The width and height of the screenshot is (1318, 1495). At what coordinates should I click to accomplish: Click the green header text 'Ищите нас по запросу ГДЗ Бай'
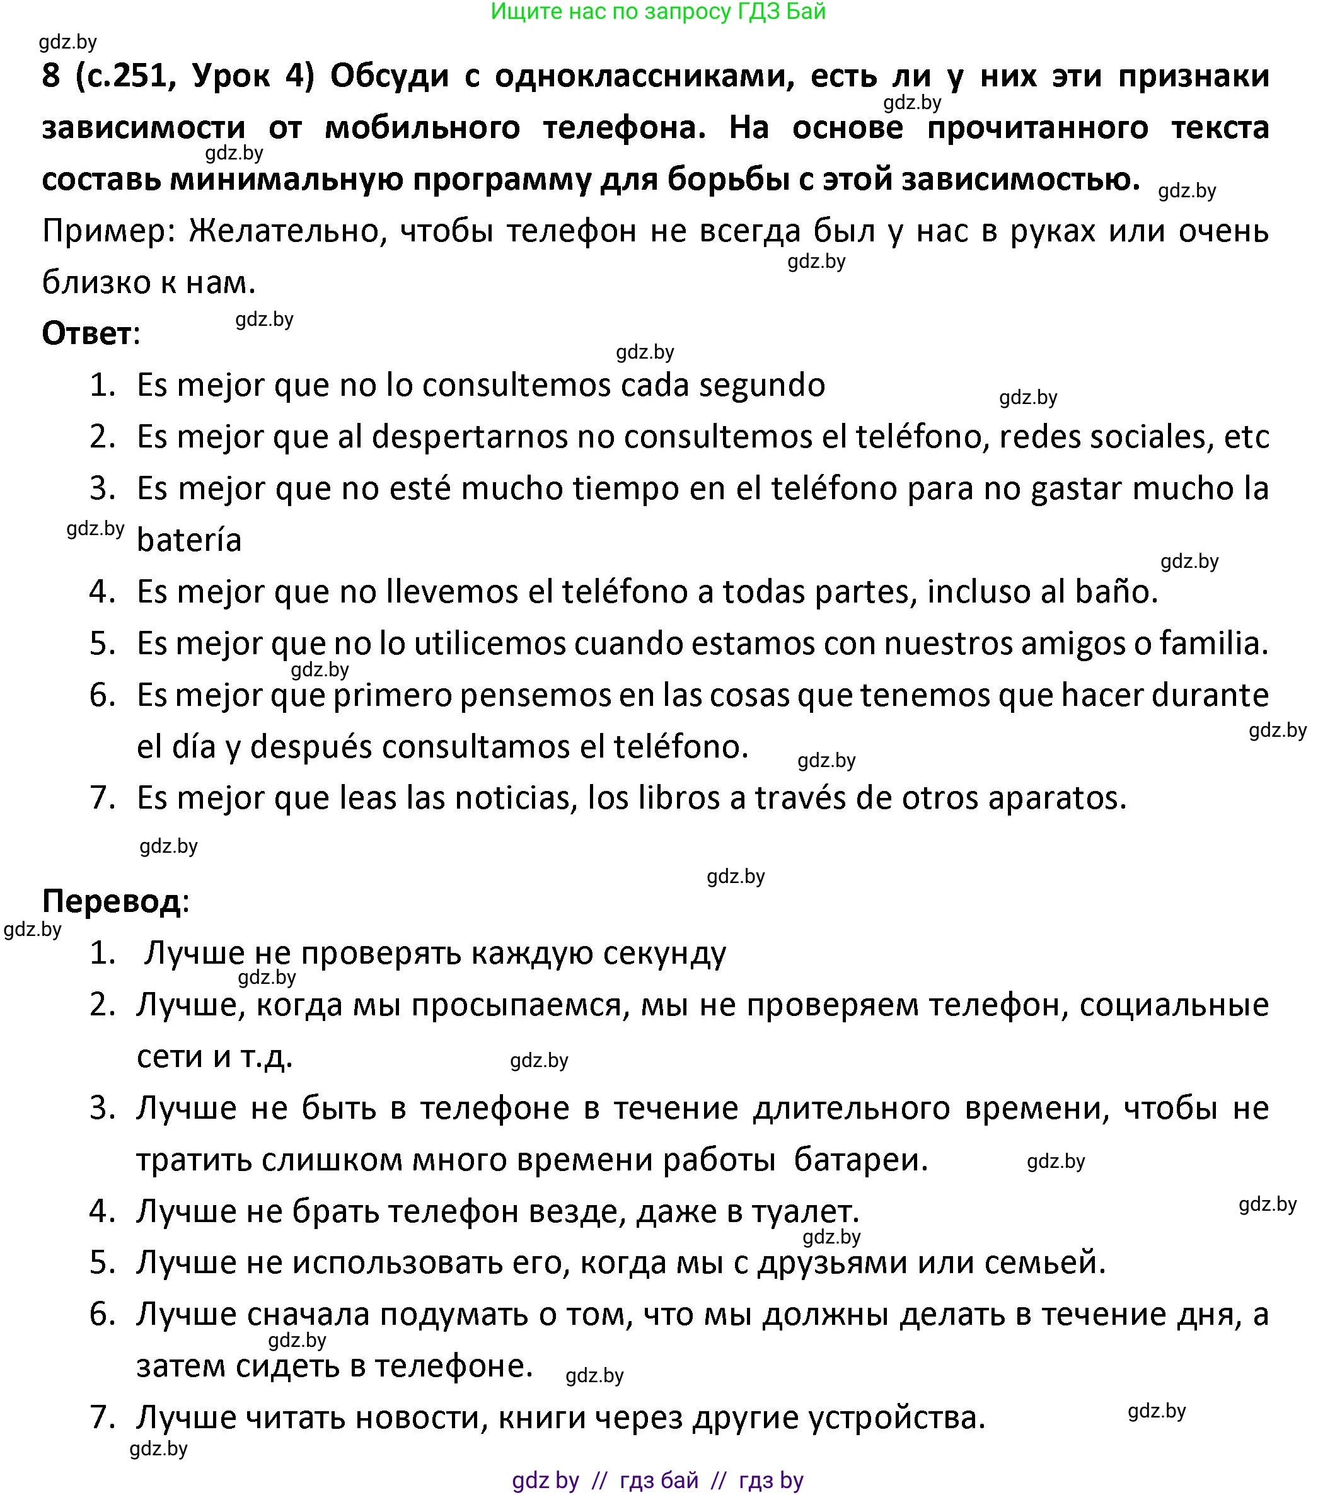coord(658,12)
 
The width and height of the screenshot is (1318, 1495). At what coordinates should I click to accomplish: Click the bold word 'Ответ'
coord(86,333)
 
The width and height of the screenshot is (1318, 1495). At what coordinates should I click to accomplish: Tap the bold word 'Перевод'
coord(111,901)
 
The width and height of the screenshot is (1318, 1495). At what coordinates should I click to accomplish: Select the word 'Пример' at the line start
coord(109,231)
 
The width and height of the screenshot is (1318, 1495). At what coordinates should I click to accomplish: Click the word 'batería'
coord(188,541)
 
